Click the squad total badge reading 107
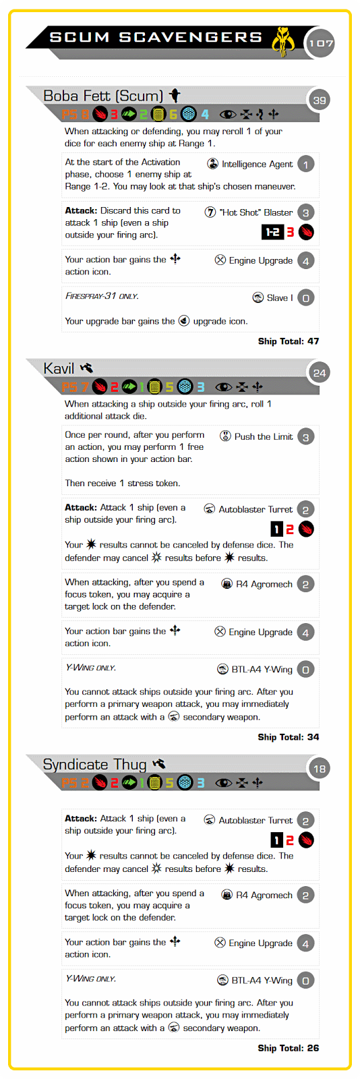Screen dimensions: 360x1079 [320, 43]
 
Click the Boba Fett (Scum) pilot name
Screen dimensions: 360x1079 [103, 96]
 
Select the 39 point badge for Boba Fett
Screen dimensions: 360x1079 [320, 100]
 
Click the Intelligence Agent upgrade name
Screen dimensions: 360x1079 [257, 165]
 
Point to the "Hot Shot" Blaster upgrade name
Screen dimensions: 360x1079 [256, 212]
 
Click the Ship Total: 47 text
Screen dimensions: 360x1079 [289, 341]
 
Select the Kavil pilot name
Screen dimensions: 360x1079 [59, 368]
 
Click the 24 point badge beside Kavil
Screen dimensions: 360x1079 [320, 373]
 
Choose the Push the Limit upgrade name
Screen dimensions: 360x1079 [264, 437]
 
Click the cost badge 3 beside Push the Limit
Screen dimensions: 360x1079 [305, 438]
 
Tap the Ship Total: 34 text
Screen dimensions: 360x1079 [289, 737]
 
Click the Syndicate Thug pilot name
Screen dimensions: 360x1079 [95, 765]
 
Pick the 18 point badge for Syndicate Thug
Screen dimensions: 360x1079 [320, 769]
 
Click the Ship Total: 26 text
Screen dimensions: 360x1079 [289, 1048]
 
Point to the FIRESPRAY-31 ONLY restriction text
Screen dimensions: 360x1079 [102, 296]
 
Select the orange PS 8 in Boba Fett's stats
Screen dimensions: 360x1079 [75, 114]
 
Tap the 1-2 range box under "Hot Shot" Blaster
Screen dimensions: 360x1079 [272, 232]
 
